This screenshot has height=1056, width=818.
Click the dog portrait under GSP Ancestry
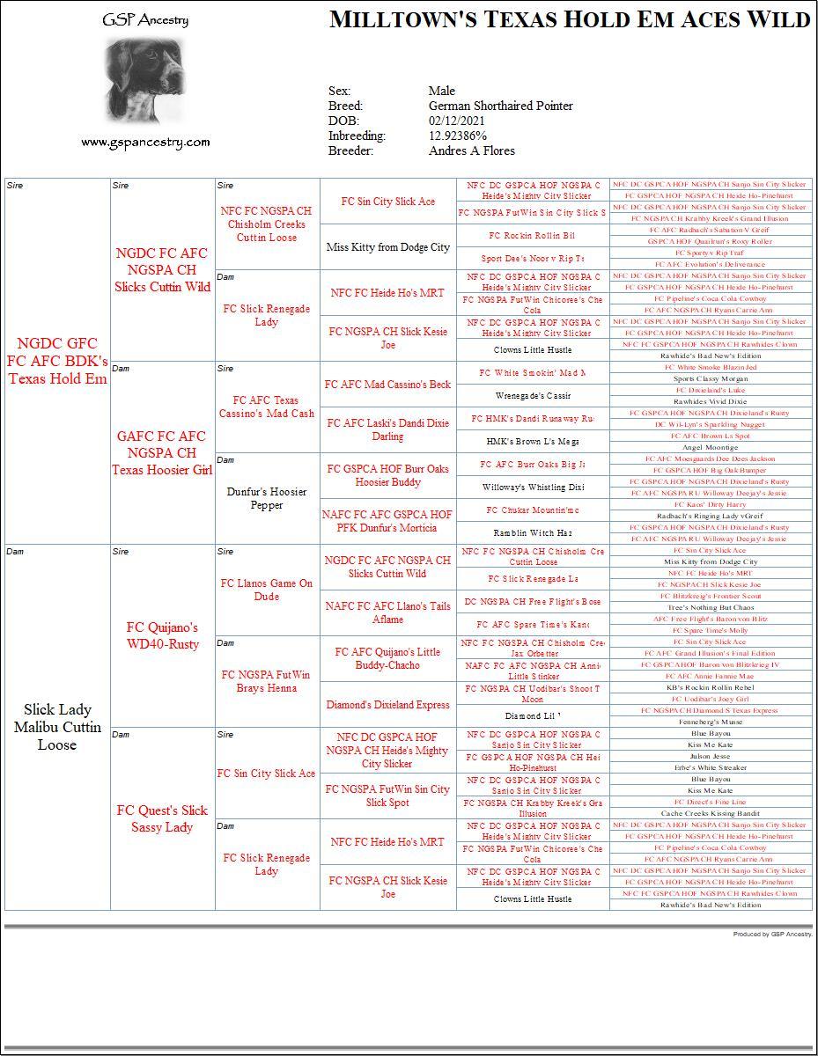point(145,81)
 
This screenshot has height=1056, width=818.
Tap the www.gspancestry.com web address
point(145,142)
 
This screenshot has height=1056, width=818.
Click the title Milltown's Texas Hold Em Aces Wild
point(569,20)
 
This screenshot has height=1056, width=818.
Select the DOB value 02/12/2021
point(458,121)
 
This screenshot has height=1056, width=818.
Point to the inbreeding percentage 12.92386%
point(458,136)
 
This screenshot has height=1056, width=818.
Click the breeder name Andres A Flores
point(472,150)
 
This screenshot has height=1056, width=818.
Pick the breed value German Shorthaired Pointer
point(500,106)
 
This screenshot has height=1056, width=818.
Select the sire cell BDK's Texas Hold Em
point(57,361)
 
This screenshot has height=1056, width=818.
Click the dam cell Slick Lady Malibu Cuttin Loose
point(57,727)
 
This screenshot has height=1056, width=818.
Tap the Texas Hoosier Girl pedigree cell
point(162,452)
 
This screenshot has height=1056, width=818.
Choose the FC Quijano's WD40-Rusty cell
point(162,635)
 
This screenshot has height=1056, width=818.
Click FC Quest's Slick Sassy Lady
point(162,818)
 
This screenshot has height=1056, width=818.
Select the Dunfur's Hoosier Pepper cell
point(267,498)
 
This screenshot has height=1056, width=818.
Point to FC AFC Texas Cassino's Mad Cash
point(267,407)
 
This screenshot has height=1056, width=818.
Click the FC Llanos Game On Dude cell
point(267,590)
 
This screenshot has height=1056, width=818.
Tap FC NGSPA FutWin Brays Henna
point(267,681)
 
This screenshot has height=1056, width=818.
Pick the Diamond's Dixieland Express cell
point(387,705)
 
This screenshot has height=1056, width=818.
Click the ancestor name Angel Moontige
point(711,447)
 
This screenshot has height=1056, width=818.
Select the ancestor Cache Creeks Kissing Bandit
point(711,813)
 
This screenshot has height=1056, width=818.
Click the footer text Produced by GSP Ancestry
point(772,934)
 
